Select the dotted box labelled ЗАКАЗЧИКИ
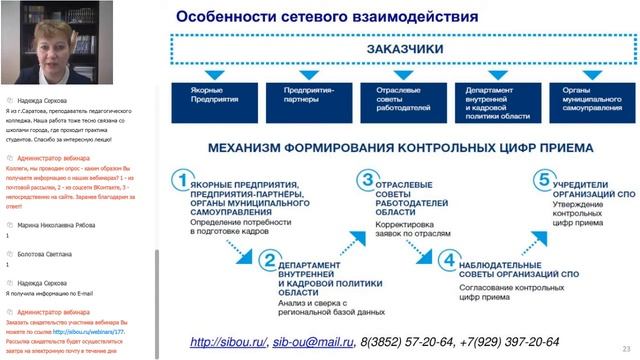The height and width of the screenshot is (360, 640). coord(400,49)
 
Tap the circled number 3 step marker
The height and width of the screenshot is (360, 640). coord(366,181)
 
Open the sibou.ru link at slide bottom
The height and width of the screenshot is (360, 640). coord(228,343)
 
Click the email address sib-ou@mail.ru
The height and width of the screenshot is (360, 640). coord(313,343)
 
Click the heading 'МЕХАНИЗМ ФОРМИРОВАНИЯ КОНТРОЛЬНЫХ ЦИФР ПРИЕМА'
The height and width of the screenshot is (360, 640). coord(400,148)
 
